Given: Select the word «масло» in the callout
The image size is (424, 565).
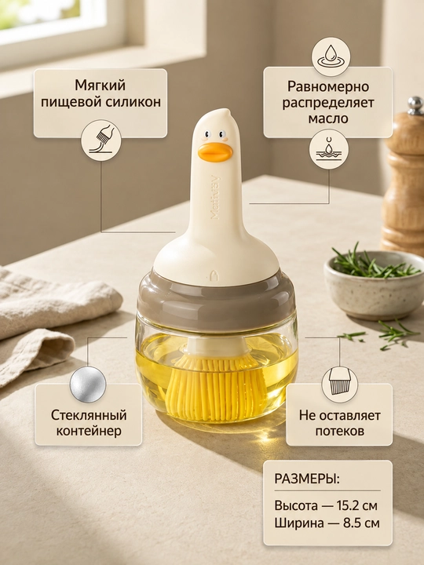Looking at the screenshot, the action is (328, 118).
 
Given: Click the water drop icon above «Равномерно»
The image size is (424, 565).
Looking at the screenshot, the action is (331, 56).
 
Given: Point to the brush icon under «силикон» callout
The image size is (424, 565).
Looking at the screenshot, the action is (101, 140).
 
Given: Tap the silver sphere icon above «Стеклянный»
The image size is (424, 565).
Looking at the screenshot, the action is (88, 384).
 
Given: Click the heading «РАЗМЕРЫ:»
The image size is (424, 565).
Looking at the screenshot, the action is (307, 479).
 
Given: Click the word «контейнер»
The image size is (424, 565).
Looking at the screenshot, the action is (89, 431).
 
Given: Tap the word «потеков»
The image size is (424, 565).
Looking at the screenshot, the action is (340, 431).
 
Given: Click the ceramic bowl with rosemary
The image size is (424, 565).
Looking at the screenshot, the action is (374, 286).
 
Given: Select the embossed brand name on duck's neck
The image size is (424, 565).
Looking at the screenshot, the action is (216, 197).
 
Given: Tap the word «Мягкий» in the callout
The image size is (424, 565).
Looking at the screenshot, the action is (101, 86).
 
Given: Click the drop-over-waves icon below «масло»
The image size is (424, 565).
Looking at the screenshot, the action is (329, 150).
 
